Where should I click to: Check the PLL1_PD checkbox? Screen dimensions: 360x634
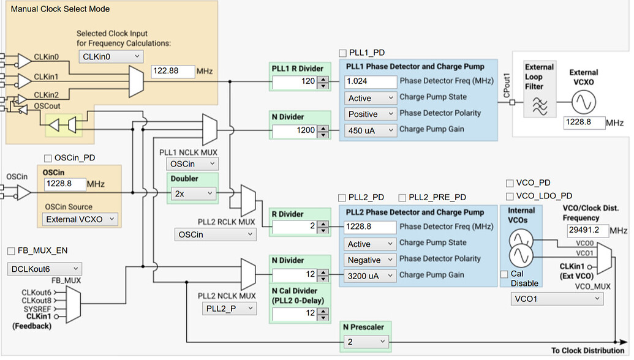[343, 53]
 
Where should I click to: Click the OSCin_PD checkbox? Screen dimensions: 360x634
[48, 158]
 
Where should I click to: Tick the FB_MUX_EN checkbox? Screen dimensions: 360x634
[12, 251]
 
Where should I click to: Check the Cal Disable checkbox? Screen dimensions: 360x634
[504, 274]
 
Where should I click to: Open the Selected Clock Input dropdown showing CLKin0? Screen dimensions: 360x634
[111, 56]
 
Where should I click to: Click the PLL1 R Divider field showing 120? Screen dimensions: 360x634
[294, 81]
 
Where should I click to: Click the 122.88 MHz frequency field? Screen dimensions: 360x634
[172, 71]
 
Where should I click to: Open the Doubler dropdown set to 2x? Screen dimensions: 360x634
[194, 193]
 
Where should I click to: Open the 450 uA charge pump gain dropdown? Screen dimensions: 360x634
[369, 129]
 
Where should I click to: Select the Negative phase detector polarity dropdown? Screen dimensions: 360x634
[369, 260]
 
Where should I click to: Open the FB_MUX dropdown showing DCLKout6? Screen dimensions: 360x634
[44, 268]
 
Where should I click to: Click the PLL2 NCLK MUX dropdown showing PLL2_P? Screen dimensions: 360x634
[228, 309]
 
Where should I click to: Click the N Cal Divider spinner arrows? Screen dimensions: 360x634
[322, 313]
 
